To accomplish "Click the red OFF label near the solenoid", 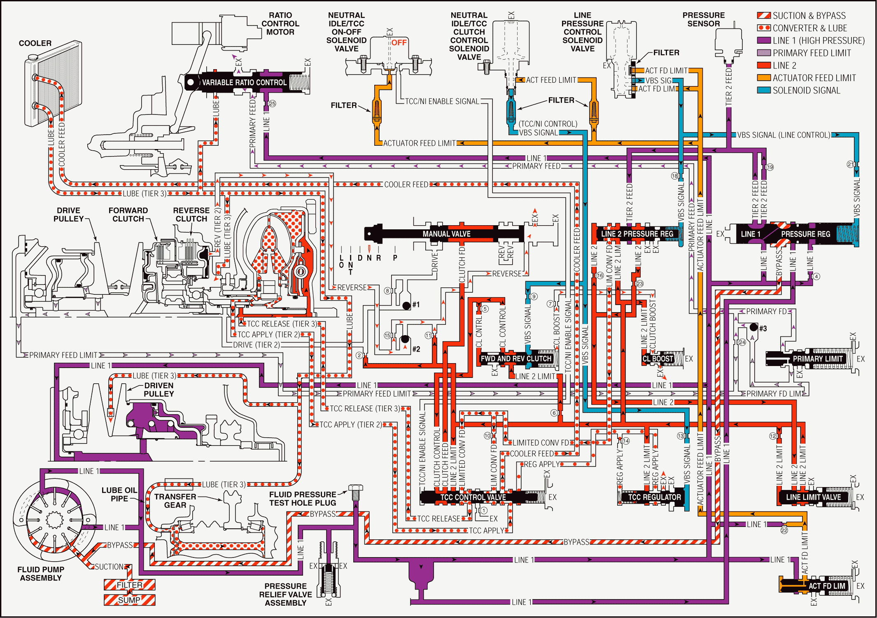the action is pyautogui.click(x=399, y=42).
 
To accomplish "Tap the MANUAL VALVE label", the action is pyautogui.click(x=446, y=234).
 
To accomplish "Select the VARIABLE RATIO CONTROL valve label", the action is pyautogui.click(x=244, y=82).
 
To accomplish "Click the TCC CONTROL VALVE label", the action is pyautogui.click(x=473, y=497).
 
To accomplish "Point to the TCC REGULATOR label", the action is pyautogui.click(x=654, y=497).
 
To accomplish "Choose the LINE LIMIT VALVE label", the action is pyautogui.click(x=813, y=497).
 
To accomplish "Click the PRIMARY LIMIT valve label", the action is pyautogui.click(x=817, y=359).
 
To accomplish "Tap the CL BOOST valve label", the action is pyautogui.click(x=658, y=359).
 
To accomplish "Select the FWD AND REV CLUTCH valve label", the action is pyautogui.click(x=516, y=359).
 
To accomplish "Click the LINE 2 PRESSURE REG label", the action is pyautogui.click(x=637, y=234).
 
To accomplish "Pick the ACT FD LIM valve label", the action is pyautogui.click(x=827, y=586).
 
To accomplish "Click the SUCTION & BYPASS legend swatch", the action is pyautogui.click(x=764, y=16).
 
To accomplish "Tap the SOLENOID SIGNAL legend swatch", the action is pyautogui.click(x=764, y=90).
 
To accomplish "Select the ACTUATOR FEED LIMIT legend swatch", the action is pyautogui.click(x=764, y=78).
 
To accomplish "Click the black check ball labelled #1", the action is pyautogui.click(x=406, y=305).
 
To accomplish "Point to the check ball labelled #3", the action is pyautogui.click(x=753, y=327).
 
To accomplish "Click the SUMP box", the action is pyautogui.click(x=129, y=600).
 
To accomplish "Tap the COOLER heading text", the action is pyautogui.click(x=35, y=43).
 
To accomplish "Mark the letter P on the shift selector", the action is pyautogui.click(x=395, y=258).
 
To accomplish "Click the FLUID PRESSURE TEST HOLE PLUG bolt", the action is pyautogui.click(x=355, y=491).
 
